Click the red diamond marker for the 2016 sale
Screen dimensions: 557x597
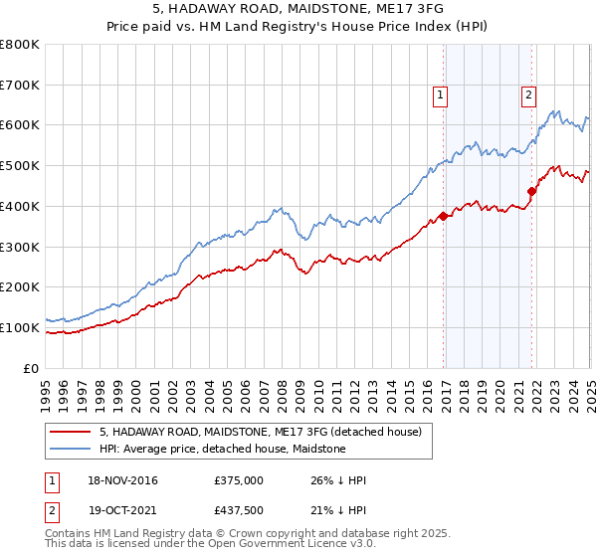point(443,216)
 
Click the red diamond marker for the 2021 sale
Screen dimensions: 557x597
point(531,191)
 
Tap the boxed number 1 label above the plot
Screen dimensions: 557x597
point(440,95)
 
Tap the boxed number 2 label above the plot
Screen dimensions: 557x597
point(528,95)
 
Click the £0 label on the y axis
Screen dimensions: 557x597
point(30,368)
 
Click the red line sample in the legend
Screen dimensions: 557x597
point(70,432)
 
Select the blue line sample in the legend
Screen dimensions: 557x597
point(70,449)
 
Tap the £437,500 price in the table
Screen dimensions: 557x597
point(238,509)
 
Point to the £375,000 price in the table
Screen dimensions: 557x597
point(238,480)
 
